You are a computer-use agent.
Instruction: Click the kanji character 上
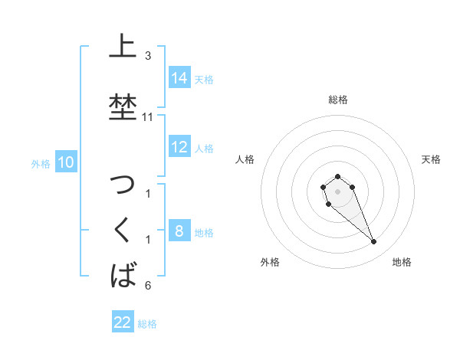tap(121, 46)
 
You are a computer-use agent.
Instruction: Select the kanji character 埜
tap(122, 106)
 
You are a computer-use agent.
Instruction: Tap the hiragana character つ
tap(122, 185)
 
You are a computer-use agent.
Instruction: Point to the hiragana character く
tap(122, 231)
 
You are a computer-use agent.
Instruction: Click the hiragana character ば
tap(123, 274)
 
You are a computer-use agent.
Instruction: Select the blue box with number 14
tap(179, 77)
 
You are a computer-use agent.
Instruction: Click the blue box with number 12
tap(179, 147)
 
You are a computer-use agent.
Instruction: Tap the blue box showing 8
tap(179, 231)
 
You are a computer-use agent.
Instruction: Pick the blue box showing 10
tap(65, 162)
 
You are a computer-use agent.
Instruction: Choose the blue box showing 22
tap(123, 322)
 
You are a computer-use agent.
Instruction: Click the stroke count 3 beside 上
tap(147, 56)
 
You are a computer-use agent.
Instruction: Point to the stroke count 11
tap(148, 117)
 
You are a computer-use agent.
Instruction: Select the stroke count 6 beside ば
tap(147, 286)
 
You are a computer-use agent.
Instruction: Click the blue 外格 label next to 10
tap(41, 163)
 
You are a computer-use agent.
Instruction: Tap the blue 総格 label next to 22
tap(147, 324)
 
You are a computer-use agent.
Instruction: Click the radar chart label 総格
tap(337, 100)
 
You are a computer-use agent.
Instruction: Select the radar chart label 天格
tap(431, 159)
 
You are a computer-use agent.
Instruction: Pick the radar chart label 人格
tap(245, 159)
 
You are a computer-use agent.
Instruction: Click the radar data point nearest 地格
tap(374, 242)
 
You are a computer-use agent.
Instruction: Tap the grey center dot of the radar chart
tap(337, 190)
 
